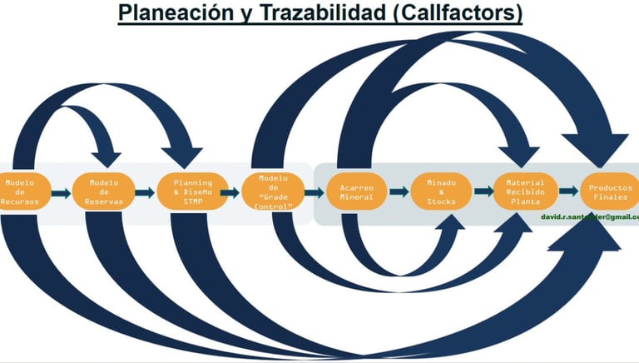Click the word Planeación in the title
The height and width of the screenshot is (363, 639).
tap(165, 13)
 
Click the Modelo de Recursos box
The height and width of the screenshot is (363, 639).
tap(20, 192)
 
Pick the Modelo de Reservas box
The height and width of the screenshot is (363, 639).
tap(103, 192)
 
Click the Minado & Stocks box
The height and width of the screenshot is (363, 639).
tap(441, 192)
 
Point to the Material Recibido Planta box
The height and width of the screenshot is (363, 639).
tap(525, 192)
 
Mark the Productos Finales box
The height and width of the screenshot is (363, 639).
tap(610, 192)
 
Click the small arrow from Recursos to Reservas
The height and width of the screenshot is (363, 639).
tap(61, 193)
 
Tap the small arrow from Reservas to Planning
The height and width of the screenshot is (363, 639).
tap(145, 193)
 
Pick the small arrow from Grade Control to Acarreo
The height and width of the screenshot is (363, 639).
tap(314, 193)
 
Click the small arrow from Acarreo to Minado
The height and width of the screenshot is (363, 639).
tap(399, 192)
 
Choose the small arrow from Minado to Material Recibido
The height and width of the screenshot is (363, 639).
tap(483, 192)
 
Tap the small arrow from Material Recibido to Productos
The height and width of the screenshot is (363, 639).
tap(568, 192)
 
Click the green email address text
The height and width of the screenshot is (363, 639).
tap(589, 216)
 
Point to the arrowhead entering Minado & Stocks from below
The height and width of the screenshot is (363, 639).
tap(448, 225)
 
